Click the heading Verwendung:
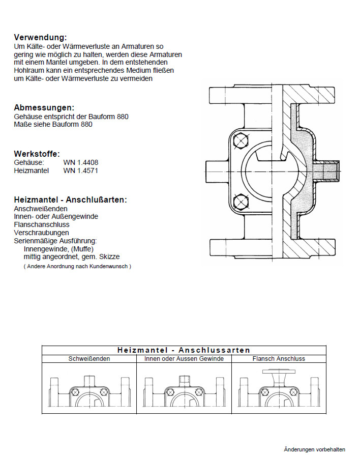point(40,37)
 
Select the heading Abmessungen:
point(44,107)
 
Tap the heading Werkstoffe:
point(37,154)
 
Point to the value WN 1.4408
point(81,162)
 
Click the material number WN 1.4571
point(81,170)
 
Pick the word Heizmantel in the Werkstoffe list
point(32,170)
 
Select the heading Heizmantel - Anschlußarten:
point(70,200)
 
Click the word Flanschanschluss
point(42,224)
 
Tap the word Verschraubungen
point(42,232)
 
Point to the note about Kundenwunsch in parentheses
point(77,266)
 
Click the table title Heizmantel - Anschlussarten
point(184,350)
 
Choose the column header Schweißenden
point(89,359)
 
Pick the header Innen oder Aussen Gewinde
point(184,359)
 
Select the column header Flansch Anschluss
point(279,359)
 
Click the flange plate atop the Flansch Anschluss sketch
point(279,372)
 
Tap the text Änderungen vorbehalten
point(314,449)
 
